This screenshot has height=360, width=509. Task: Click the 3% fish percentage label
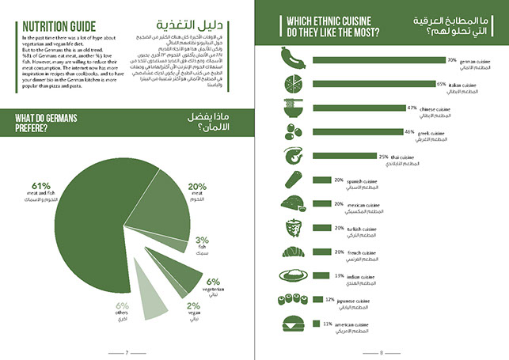[x=202, y=240]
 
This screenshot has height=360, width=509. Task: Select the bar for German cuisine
[x=379, y=59]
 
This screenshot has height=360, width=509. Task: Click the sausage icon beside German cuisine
[x=291, y=59]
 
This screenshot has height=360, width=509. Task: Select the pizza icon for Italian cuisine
[x=291, y=83]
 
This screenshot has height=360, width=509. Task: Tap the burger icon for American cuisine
[x=291, y=325]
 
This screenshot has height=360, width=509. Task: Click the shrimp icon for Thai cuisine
[x=291, y=157]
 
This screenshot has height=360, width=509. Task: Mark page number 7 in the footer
[x=127, y=352]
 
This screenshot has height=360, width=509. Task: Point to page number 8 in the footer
[x=382, y=352]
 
